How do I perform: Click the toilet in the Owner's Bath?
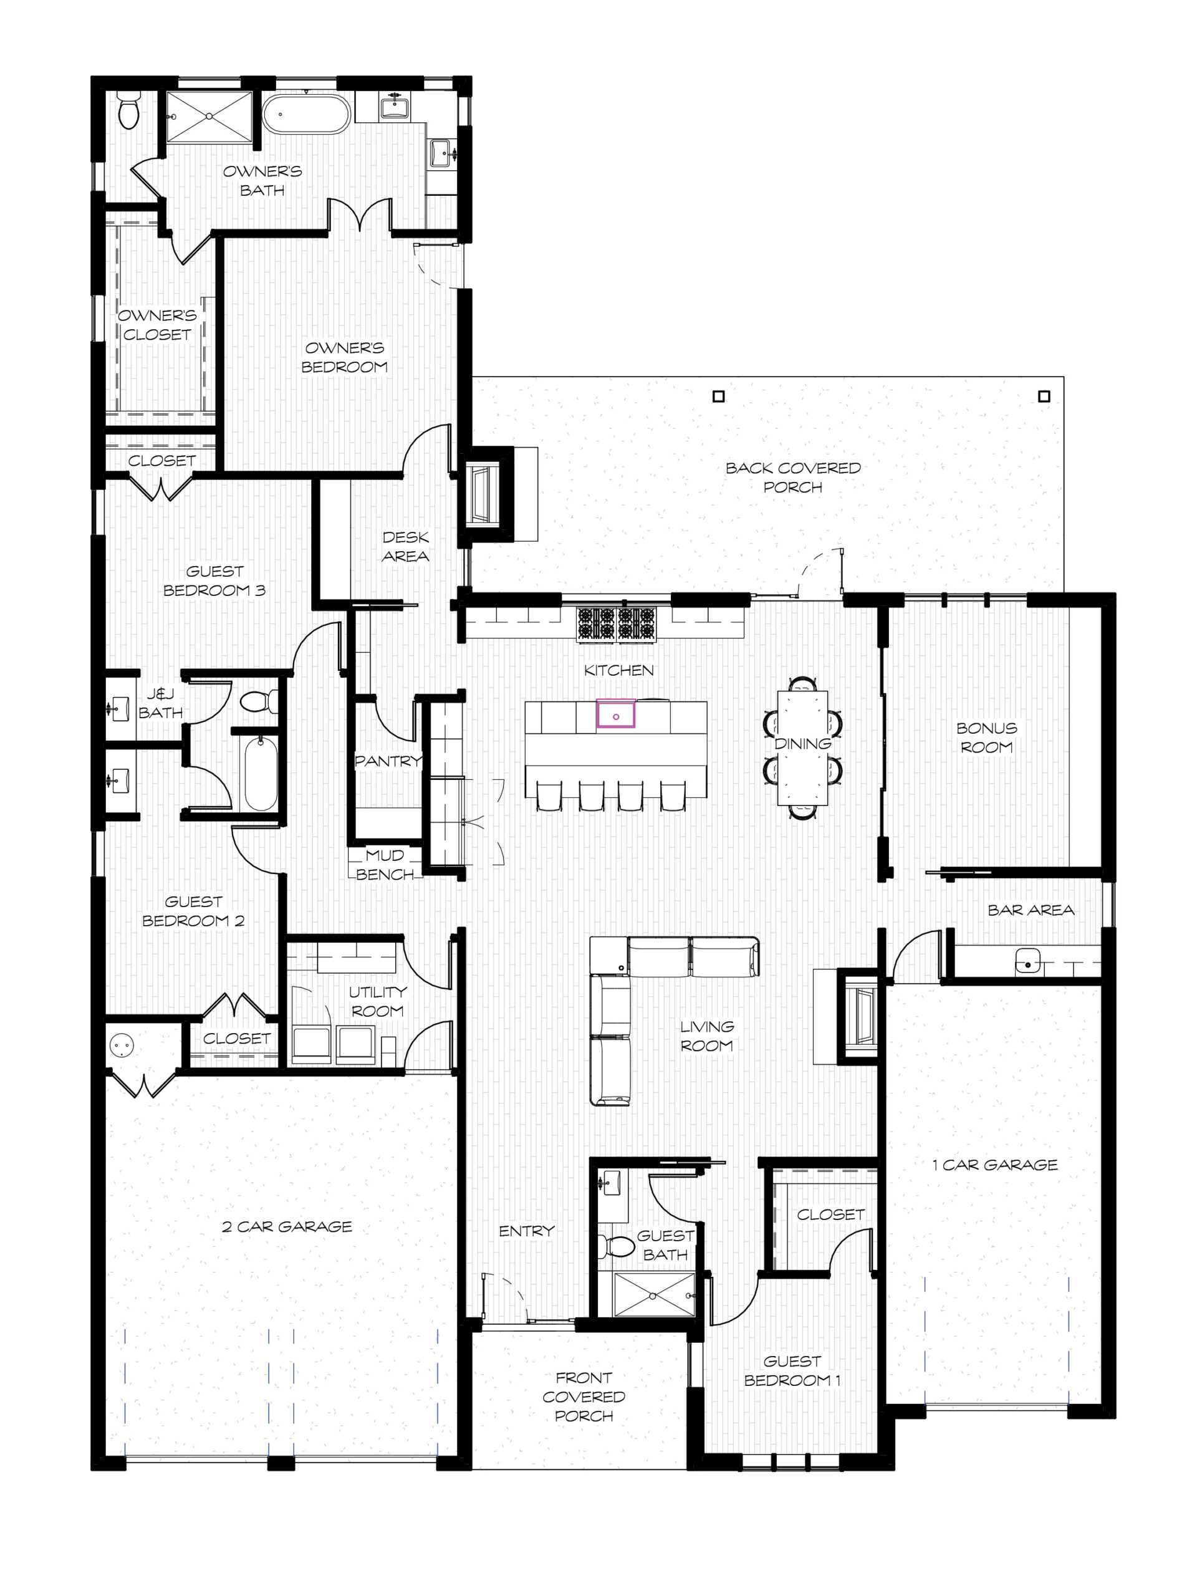tap(128, 110)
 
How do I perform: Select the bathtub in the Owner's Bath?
tap(306, 114)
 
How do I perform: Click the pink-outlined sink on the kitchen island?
tap(615, 714)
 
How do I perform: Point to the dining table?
tap(802, 748)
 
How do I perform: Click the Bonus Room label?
tap(986, 738)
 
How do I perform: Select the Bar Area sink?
tap(1027, 964)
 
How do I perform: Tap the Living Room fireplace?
tap(858, 1017)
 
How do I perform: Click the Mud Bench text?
tap(385, 864)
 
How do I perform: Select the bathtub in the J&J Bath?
tap(261, 774)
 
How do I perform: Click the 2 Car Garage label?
tap(287, 1226)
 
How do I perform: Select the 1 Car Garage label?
tap(994, 1165)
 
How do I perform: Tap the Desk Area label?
tap(405, 546)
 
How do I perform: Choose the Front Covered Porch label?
tap(584, 1397)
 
